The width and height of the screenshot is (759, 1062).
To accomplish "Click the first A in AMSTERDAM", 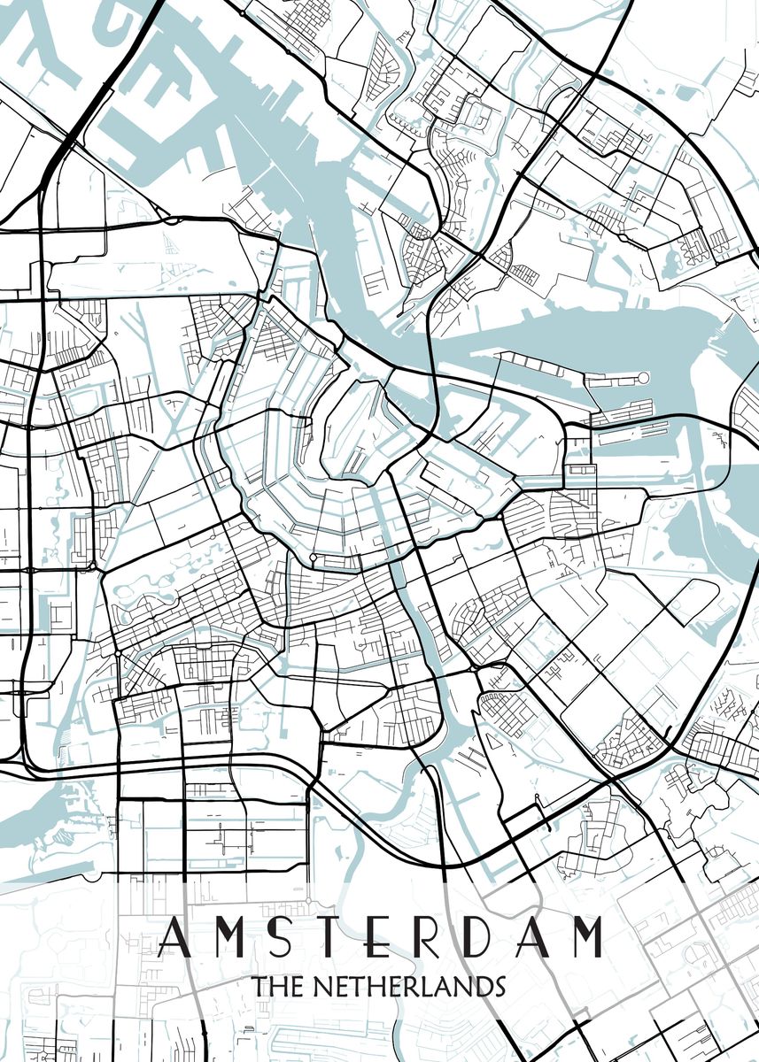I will pos(173,938).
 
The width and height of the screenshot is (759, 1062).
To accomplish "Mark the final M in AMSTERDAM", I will pos(585,938).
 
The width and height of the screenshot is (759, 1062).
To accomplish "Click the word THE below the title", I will pos(275,986).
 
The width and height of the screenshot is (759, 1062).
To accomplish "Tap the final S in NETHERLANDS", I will pos(498,986).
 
